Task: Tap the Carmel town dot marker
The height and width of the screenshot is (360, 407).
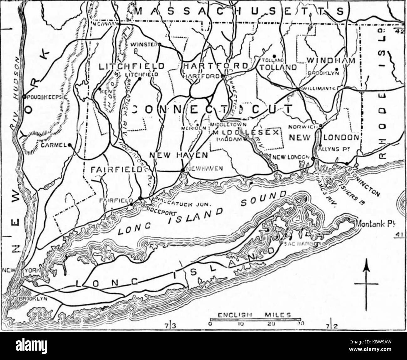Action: [69, 145]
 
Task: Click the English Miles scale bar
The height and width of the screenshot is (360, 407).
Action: [255, 320]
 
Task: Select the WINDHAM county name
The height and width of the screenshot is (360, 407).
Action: [331, 60]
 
